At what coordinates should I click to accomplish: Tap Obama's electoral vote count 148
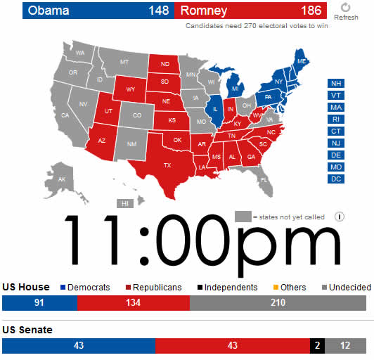159,11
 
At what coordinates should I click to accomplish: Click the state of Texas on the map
167,165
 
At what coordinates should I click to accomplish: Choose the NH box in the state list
336,83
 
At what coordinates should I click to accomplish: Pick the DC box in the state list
336,179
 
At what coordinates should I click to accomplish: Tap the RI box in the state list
336,119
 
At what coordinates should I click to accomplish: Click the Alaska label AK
61,179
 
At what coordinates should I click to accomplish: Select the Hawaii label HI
125,203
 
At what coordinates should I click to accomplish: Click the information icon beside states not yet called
340,217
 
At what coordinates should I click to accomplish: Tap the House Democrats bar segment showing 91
39,303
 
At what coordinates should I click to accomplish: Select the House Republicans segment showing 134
133,303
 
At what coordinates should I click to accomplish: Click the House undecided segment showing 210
278,303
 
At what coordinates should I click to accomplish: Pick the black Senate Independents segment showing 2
318,346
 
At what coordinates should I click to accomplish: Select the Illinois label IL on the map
215,110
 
